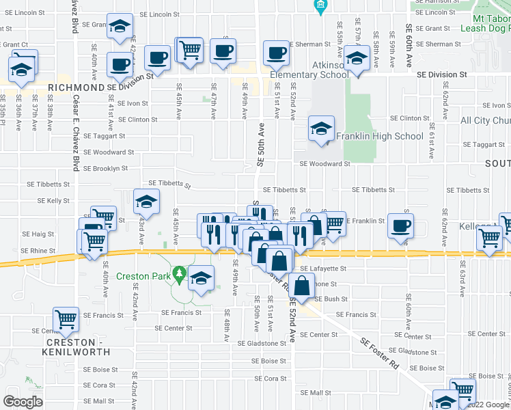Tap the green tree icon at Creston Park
[x=179, y=273]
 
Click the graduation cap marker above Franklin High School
[x=321, y=128]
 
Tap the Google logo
[x=23, y=401]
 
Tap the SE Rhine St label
[x=38, y=251]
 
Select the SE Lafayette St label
[x=324, y=269]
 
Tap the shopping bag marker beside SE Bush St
[x=302, y=285]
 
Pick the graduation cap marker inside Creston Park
[x=201, y=277]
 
